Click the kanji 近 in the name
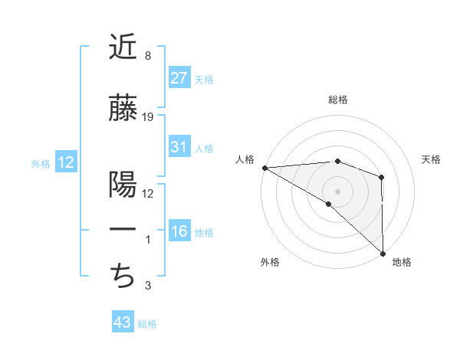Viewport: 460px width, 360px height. click(122, 47)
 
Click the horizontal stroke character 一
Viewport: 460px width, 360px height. click(122, 229)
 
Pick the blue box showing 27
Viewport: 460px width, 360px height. click(179, 77)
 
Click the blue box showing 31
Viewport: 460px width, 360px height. click(179, 147)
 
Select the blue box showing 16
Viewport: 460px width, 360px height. click(179, 231)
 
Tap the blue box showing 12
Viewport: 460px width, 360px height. click(65, 162)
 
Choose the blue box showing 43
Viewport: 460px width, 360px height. click(122, 322)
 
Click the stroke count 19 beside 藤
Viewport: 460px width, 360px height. click(148, 117)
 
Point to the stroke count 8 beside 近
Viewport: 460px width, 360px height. click(147, 56)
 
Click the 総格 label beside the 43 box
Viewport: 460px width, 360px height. click(147, 324)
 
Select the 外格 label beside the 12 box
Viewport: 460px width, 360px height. click(40, 163)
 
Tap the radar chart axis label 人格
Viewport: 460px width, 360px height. click(245, 159)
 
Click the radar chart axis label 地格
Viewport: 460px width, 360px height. click(402, 262)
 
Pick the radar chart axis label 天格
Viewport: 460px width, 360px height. click(431, 159)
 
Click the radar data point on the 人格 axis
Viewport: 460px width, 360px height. click(264, 168)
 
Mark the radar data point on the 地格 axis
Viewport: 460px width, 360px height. click(382, 253)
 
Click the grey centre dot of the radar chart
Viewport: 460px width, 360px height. click(337, 191)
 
